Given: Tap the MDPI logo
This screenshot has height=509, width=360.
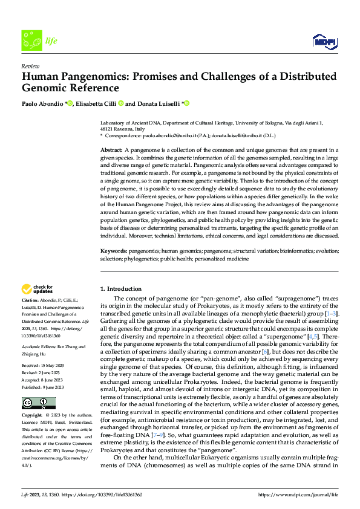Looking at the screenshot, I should coord(325,41).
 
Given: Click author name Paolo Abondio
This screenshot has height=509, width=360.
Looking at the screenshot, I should coord(44,103).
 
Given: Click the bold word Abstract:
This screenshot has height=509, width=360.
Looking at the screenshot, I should coord(111,149).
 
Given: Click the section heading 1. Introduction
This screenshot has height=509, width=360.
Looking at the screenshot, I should coord(121,289).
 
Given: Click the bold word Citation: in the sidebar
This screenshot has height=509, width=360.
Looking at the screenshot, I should coord(31,300).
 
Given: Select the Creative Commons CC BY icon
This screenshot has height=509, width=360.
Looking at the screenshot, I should coord(38,403).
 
